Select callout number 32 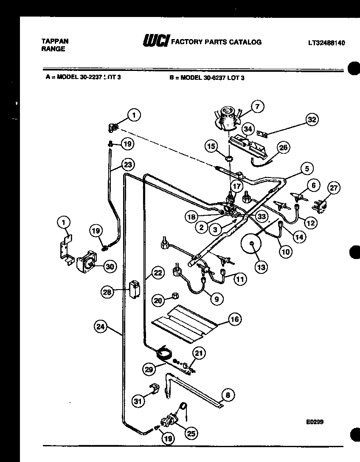pos(312,120)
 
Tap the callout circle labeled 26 pos(283,148)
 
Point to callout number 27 pos(334,189)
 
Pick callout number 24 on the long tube pos(101,327)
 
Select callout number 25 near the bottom pos(191,433)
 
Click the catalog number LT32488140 pos(326,43)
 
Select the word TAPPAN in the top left pos(55,41)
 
